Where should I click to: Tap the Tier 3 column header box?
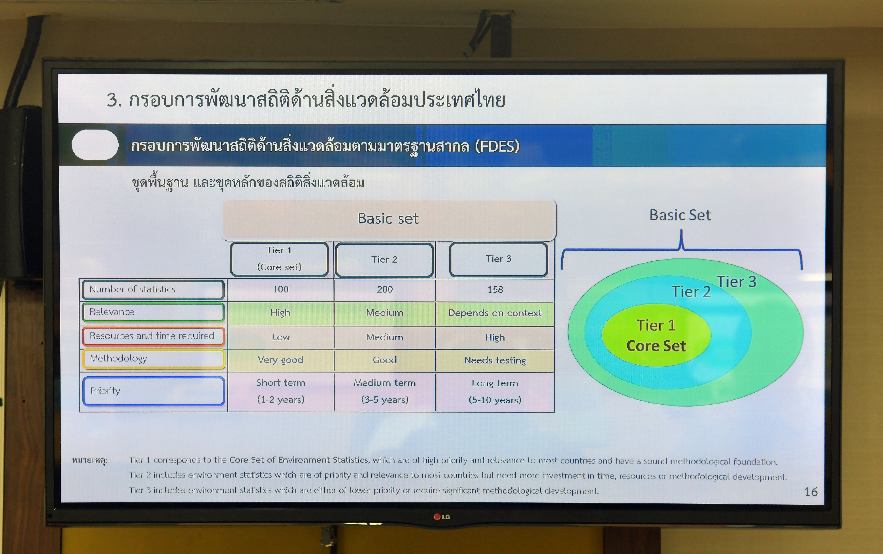click(499, 259)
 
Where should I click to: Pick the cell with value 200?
click(385, 289)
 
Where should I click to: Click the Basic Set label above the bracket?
click(680, 215)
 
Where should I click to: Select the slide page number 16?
click(811, 492)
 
